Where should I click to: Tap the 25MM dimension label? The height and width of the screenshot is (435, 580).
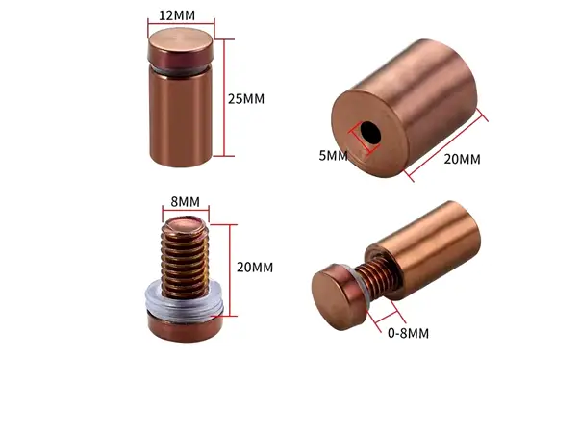click(x=245, y=99)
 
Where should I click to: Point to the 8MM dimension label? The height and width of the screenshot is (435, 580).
click(x=185, y=202)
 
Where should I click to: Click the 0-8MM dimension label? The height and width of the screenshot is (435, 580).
click(x=407, y=333)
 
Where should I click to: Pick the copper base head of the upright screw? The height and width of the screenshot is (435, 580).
click(x=185, y=326)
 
